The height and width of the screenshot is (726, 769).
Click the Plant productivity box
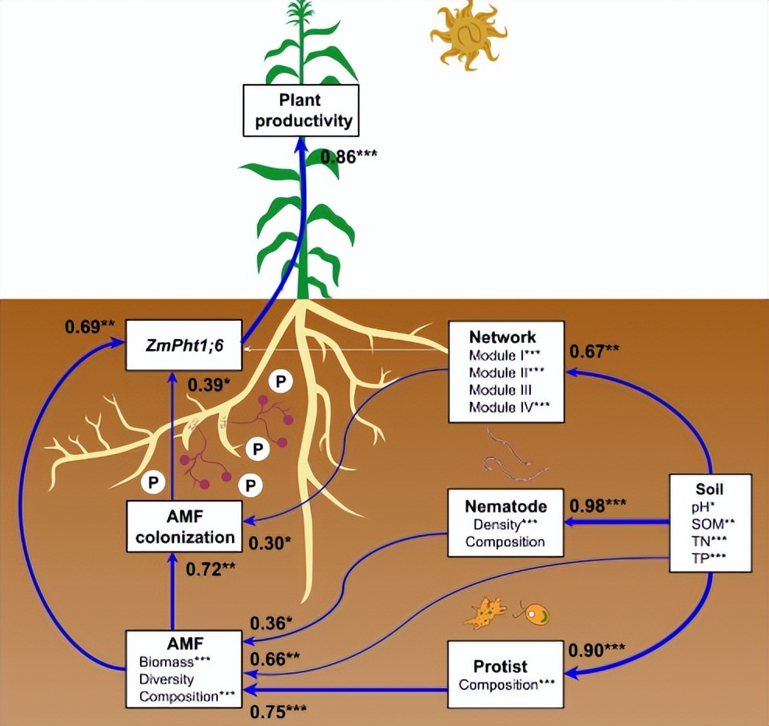300,110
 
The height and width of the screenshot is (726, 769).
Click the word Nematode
504,506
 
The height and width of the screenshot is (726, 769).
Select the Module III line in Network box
500,389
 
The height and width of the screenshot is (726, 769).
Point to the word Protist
500,666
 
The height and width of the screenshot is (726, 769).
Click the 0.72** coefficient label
210,569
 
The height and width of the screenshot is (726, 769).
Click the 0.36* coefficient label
272,623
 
